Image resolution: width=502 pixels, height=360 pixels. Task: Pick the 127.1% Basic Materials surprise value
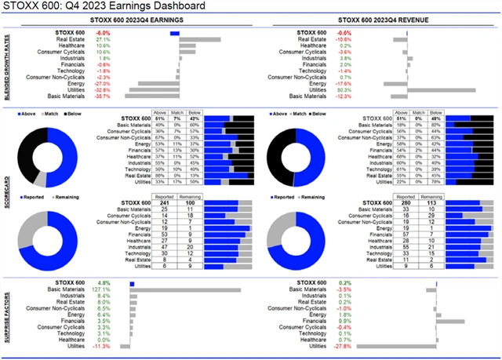[102, 289]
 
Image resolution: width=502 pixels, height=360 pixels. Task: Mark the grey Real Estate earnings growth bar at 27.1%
[200, 38]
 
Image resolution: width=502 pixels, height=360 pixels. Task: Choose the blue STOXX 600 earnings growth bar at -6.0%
[174, 32]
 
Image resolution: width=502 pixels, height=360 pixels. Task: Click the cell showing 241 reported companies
[165, 202]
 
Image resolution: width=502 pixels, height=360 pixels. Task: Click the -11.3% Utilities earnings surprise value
[102, 345]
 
